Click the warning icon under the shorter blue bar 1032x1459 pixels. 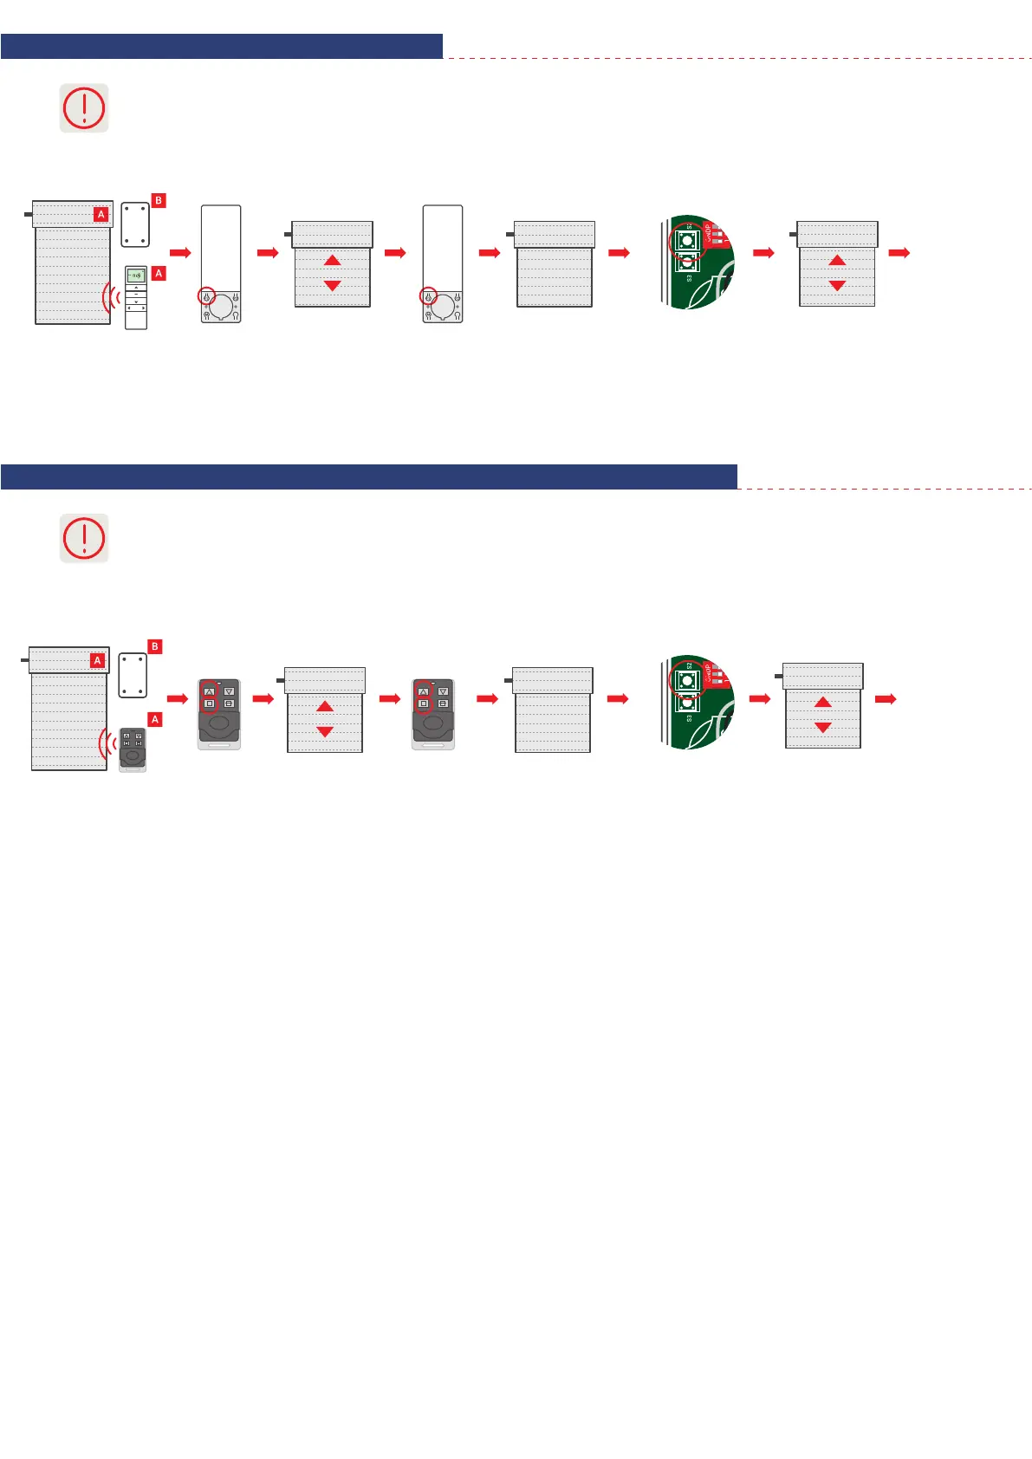84,108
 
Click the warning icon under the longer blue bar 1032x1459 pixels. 84,538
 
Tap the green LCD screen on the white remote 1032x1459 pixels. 136,275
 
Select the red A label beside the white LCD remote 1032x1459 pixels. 159,273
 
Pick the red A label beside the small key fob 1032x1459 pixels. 155,719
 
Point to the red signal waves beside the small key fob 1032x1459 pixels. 107,743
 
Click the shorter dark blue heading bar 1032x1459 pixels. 221,47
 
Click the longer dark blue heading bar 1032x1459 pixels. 368,477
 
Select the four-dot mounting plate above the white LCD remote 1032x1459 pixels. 135,224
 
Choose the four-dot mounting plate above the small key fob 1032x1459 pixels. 133,675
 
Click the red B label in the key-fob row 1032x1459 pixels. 155,646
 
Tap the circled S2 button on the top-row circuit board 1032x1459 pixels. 687,240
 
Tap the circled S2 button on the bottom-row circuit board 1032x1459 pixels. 687,681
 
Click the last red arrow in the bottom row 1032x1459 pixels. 885,699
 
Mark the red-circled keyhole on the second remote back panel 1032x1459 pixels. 427,296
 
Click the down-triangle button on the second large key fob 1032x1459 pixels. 443,691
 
